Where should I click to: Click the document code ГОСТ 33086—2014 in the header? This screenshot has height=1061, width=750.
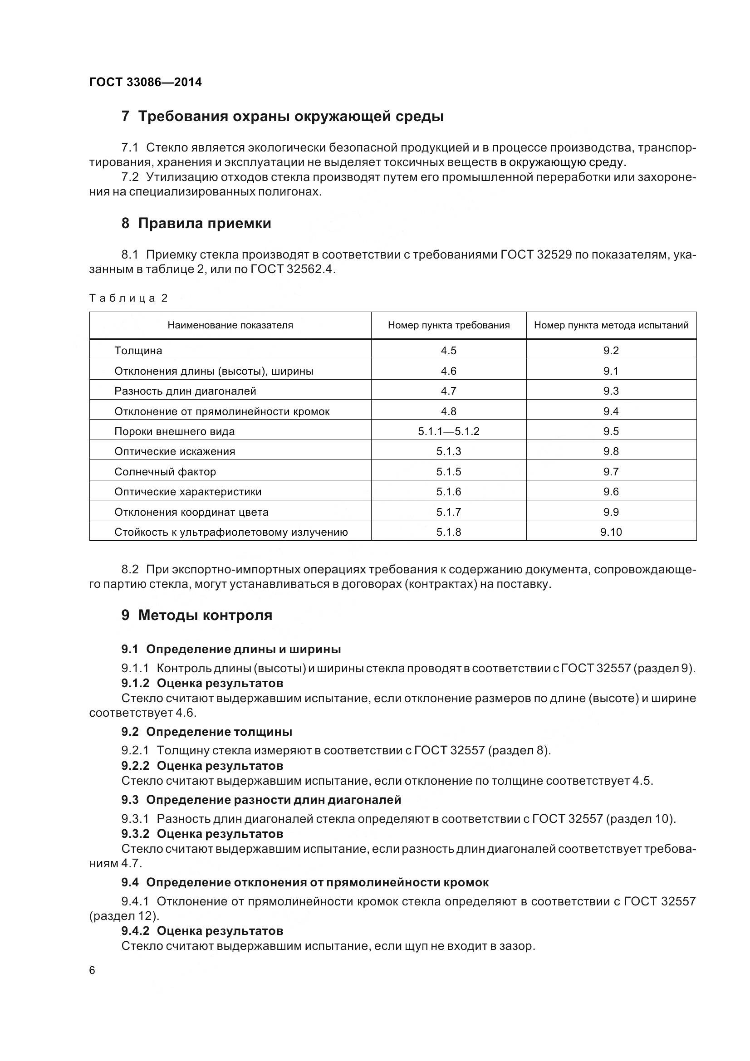point(146,82)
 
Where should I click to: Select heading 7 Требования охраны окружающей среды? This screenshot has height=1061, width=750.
point(282,117)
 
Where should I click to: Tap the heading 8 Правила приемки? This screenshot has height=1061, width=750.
point(196,224)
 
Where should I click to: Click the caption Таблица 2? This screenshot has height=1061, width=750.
point(128,298)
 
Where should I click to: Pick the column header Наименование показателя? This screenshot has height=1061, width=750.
point(230,325)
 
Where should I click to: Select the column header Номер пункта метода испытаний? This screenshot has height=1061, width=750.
point(611,325)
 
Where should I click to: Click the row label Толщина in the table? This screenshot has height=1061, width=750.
point(138,351)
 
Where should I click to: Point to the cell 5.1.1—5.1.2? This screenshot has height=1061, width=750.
point(448,431)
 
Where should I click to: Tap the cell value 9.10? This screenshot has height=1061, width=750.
point(611,533)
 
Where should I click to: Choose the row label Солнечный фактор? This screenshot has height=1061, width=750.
point(165,472)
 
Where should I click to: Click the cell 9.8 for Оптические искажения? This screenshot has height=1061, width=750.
point(611,451)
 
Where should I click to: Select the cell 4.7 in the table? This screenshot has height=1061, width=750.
point(448,391)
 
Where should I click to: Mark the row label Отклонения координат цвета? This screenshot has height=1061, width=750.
point(191,512)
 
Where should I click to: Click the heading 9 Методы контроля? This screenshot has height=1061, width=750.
point(197,616)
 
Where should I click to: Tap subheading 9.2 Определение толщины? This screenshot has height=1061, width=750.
point(206,732)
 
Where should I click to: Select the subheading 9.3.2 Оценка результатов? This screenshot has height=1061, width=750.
point(202,834)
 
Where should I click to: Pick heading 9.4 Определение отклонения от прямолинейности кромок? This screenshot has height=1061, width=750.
point(304,883)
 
